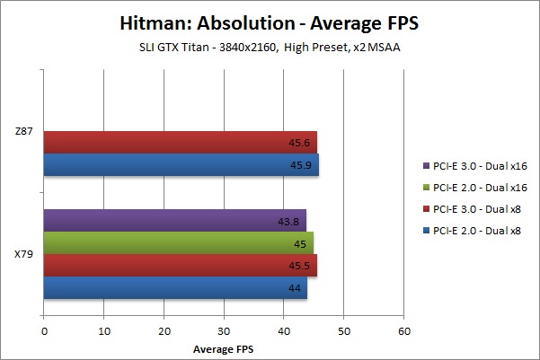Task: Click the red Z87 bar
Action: [180, 142]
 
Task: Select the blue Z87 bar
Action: [180, 164]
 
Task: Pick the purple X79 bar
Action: [175, 220]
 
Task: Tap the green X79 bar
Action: [178, 242]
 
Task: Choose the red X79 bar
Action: [180, 265]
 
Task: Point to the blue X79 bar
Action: [175, 287]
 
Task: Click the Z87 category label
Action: [24, 131]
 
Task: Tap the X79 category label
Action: [24, 254]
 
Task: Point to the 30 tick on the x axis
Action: [224, 331]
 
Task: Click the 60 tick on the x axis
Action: [403, 331]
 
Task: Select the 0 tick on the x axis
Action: [44, 331]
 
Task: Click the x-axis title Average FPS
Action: [224, 347]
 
